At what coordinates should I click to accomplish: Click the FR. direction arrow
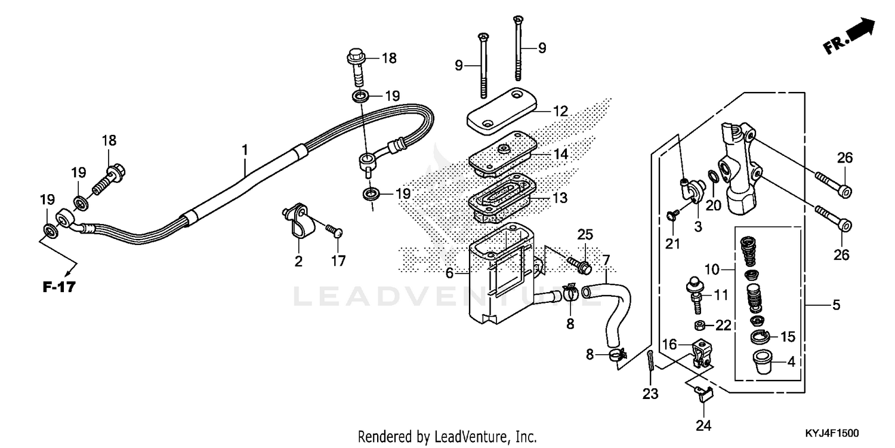(850, 37)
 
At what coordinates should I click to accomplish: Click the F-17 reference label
(59, 288)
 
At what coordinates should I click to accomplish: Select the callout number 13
(560, 198)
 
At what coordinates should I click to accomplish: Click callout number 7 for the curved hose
(606, 260)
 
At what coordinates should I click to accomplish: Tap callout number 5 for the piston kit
(835, 305)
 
